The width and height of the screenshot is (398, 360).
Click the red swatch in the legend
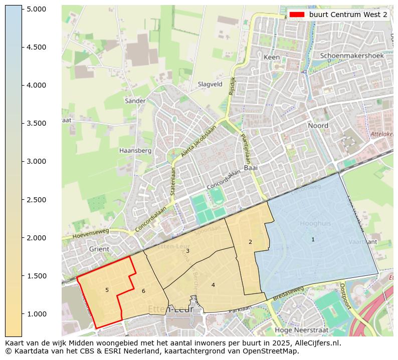click(x=296, y=15)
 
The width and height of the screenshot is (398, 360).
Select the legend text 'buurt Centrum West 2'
click(x=348, y=15)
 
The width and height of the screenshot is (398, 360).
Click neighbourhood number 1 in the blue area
click(x=313, y=239)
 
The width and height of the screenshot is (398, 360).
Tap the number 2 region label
click(x=250, y=242)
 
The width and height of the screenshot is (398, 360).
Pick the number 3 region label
click(x=187, y=251)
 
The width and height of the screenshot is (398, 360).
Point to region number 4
click(x=213, y=285)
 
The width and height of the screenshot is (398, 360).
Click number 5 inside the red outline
click(x=107, y=290)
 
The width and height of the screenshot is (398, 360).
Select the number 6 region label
click(x=143, y=291)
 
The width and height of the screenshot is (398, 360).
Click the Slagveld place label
click(x=210, y=85)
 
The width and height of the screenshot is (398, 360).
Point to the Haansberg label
click(x=135, y=150)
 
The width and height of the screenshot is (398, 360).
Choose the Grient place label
click(x=99, y=248)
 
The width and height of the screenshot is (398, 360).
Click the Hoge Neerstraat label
click(x=299, y=330)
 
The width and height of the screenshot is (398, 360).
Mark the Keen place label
click(x=272, y=58)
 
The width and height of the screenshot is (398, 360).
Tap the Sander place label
click(x=135, y=101)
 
